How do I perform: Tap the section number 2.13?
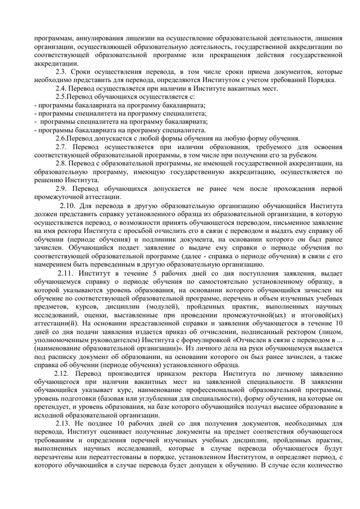tap(65, 423)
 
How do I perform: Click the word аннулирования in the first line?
tap(98, 38)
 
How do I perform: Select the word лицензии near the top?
tap(139, 38)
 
